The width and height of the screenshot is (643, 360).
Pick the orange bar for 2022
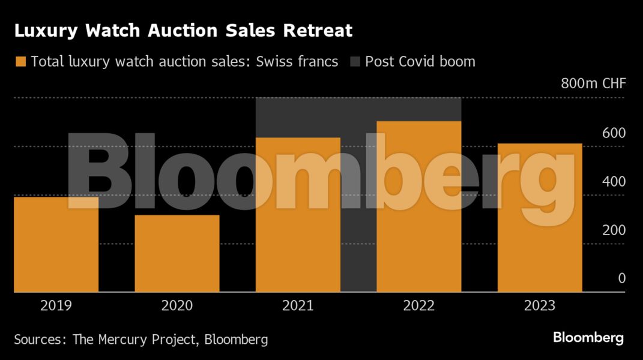point(418,206)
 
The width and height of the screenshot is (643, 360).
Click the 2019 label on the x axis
point(56,306)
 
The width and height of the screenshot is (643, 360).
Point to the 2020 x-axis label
point(177,306)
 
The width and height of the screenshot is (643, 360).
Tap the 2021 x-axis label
point(298,306)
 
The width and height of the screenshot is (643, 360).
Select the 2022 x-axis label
point(418,306)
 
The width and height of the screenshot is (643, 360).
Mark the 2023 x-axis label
point(540,306)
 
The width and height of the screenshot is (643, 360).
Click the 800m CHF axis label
point(593,83)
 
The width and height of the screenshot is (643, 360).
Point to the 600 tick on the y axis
point(614,133)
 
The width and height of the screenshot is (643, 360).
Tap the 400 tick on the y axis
point(614,181)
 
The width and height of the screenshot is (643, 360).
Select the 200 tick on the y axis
point(614,230)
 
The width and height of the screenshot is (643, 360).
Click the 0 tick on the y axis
point(621,278)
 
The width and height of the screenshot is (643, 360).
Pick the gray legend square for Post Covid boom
point(355,61)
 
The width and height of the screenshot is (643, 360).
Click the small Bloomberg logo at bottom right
point(588,338)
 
